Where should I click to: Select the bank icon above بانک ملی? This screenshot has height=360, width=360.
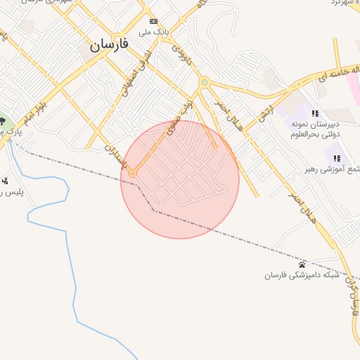point(153,22)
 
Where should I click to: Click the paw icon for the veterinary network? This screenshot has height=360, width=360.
point(302,264)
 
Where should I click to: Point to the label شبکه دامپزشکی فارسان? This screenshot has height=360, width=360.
point(302,275)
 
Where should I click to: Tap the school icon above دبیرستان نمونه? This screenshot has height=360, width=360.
point(315,113)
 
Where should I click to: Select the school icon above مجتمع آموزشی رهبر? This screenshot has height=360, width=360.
point(337,158)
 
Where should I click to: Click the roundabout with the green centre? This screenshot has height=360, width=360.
point(204,83)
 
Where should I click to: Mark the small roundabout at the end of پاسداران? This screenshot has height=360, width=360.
point(132,174)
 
